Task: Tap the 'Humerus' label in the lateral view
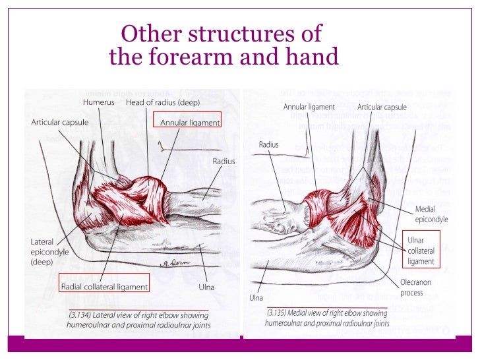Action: click(x=99, y=103)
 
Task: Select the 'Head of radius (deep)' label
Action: click(x=163, y=103)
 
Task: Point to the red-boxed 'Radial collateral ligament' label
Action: click(x=104, y=287)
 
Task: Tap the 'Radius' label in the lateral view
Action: click(x=224, y=161)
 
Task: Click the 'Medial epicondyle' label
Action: click(x=431, y=214)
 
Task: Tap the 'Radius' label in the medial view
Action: click(x=269, y=144)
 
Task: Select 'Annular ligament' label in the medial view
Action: click(x=309, y=106)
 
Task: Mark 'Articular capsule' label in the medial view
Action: click(x=382, y=106)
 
